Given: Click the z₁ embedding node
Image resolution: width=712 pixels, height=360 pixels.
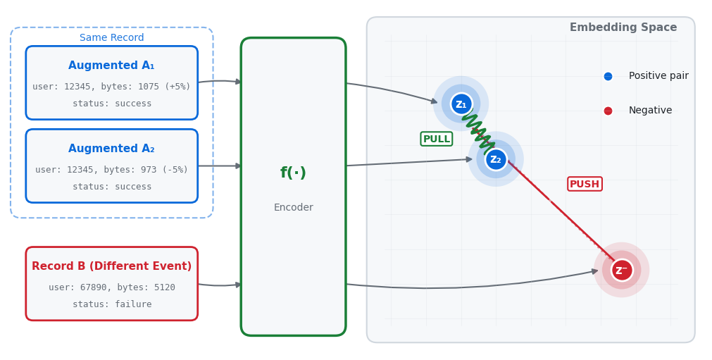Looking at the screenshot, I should (461, 104).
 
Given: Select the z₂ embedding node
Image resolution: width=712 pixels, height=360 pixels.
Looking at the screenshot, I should (496, 160).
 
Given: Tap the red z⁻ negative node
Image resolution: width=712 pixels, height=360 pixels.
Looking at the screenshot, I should (621, 270).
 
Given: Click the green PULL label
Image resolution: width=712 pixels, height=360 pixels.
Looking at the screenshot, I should (436, 139).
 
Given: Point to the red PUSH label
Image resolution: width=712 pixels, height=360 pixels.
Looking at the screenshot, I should (585, 184).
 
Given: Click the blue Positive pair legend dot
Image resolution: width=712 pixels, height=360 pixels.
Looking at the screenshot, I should (608, 76).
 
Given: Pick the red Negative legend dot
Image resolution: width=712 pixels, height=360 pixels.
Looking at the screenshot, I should (608, 111).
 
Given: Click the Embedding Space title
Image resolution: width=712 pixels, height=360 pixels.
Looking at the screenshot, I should (623, 27).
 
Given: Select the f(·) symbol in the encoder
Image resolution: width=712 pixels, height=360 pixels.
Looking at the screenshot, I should (293, 173).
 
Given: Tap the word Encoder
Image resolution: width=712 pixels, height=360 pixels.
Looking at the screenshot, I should (293, 208).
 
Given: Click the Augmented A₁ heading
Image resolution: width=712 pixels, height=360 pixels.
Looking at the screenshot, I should (111, 66).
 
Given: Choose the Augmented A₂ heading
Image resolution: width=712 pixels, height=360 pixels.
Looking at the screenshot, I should (111, 149).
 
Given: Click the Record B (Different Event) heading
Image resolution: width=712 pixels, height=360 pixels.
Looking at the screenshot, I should (111, 266).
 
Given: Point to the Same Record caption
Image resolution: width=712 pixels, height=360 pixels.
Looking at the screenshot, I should (111, 38).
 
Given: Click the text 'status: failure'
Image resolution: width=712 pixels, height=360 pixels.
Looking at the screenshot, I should (111, 304).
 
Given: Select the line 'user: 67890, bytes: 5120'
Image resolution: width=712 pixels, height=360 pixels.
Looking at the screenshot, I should (111, 287).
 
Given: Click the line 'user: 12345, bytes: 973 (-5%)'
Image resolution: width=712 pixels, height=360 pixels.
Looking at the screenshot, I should (111, 170).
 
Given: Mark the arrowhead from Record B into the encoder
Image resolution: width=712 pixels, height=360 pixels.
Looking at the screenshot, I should (239, 285).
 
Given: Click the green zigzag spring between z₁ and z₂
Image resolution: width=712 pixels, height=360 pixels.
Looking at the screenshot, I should (478, 132).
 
